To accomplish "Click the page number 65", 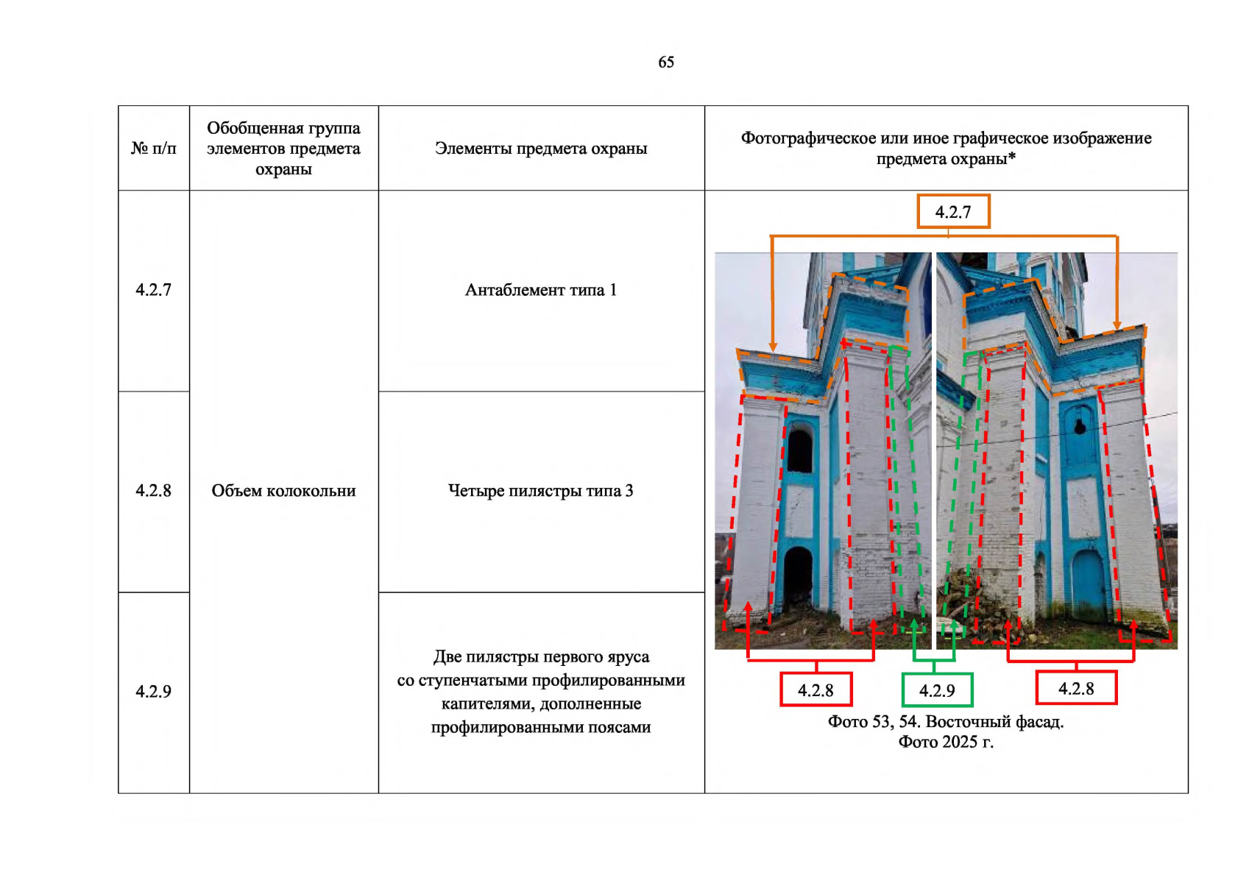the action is pyautogui.click(x=666, y=62).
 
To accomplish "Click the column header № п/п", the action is pyautogui.click(x=153, y=149).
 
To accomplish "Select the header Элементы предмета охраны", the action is pyautogui.click(x=541, y=149).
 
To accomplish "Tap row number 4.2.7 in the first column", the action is pyautogui.click(x=153, y=290).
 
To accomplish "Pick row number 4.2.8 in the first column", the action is pyautogui.click(x=153, y=491).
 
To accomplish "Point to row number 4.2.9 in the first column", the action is pyautogui.click(x=153, y=692).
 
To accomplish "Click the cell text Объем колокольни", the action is pyautogui.click(x=283, y=491).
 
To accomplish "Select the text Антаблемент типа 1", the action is pyautogui.click(x=541, y=290).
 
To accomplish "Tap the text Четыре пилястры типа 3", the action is pyautogui.click(x=541, y=491).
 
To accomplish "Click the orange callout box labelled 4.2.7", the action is pyautogui.click(x=953, y=211).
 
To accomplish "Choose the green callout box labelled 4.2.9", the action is pyautogui.click(x=938, y=690).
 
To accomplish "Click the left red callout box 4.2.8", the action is pyautogui.click(x=815, y=689).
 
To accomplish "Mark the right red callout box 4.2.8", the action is pyautogui.click(x=1076, y=689).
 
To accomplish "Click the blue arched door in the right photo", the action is pyautogui.click(x=1089, y=586).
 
